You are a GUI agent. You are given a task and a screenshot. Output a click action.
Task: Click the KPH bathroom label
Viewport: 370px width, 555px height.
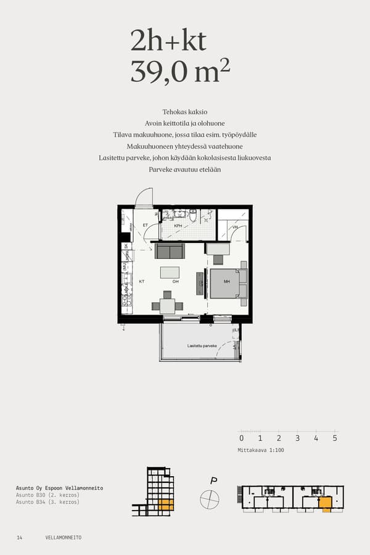click(178, 226)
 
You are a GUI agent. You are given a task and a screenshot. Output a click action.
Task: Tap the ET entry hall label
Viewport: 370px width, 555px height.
click(146, 226)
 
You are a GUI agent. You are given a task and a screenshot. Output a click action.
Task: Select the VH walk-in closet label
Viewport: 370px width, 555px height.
click(234, 228)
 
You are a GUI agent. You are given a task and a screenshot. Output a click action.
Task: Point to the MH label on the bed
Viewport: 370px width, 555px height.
click(226, 282)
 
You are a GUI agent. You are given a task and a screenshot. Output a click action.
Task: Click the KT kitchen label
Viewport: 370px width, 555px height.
click(142, 282)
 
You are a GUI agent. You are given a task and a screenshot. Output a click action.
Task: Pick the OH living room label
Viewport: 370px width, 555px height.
click(176, 282)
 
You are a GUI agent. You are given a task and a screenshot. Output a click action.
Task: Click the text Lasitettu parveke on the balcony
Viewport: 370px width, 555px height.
click(202, 347)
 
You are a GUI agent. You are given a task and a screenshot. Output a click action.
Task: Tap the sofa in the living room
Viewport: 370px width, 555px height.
click(170, 251)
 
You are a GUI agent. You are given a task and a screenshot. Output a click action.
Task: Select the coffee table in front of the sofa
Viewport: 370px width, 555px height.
click(170, 273)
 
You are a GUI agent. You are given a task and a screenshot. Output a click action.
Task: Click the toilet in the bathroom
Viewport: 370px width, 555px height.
click(193, 215)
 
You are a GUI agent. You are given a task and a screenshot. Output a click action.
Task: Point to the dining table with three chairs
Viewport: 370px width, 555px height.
click(168, 305)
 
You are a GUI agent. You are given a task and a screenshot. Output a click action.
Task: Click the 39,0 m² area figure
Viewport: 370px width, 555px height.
click(179, 72)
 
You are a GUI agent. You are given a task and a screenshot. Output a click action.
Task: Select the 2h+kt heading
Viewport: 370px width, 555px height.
click(168, 41)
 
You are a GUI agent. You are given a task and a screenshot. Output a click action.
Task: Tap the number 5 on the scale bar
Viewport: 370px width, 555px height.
click(335, 438)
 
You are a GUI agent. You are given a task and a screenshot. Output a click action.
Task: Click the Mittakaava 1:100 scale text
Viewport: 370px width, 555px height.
click(261, 450)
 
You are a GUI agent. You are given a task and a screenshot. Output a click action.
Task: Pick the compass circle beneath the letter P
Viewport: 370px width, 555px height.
click(210, 499)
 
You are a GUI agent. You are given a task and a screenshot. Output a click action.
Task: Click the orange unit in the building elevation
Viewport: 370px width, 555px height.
click(165, 505)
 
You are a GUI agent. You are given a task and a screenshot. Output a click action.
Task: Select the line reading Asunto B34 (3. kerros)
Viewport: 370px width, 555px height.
click(47, 502)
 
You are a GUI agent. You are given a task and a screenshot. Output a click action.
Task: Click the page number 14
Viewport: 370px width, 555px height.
click(20, 538)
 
